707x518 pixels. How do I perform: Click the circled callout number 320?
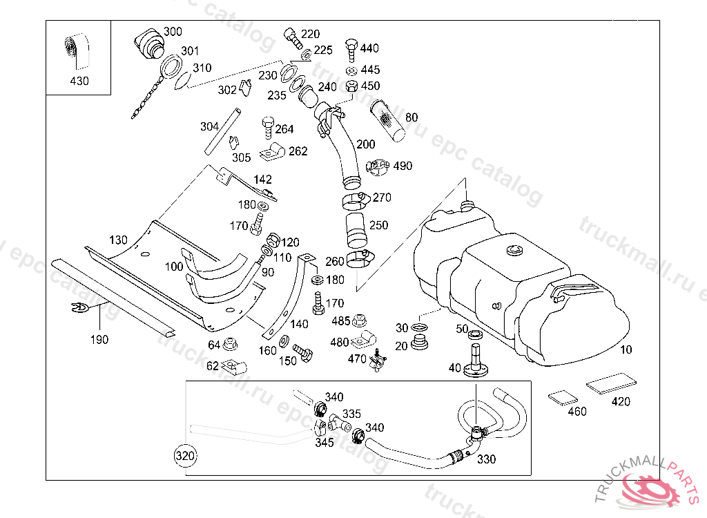coord(185,456)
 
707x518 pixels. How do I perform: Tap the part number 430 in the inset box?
coord(79,81)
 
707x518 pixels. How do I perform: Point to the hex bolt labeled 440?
coord(351,50)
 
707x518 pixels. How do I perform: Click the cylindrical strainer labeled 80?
coord(387,120)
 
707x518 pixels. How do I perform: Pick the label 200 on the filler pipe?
coord(366,144)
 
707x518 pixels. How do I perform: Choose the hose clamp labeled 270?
coord(356,201)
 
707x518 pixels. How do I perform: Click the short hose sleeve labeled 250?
coord(357,231)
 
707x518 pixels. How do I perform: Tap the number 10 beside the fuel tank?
coord(626,349)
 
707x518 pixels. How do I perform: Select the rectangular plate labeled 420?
coord(611,383)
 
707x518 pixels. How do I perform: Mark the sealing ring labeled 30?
coord(419,327)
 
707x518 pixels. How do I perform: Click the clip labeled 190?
coord(80,308)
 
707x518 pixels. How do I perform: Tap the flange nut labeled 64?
coord(230,344)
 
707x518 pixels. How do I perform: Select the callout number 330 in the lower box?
coord(487,459)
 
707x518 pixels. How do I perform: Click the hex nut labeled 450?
coord(351,86)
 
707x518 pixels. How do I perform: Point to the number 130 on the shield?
coord(118,240)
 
